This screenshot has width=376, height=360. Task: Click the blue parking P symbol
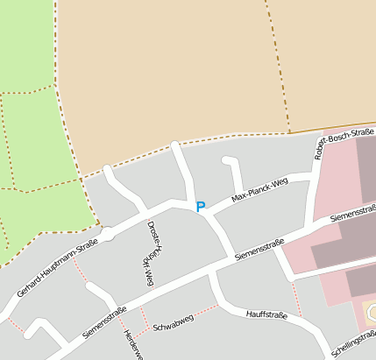coord(200,207)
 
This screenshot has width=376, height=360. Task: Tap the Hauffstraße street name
coord(267,313)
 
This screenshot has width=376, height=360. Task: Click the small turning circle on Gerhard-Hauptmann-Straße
coord(106,234)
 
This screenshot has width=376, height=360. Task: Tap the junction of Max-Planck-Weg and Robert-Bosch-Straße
coord(314,178)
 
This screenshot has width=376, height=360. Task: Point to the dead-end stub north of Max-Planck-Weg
coord(232,165)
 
